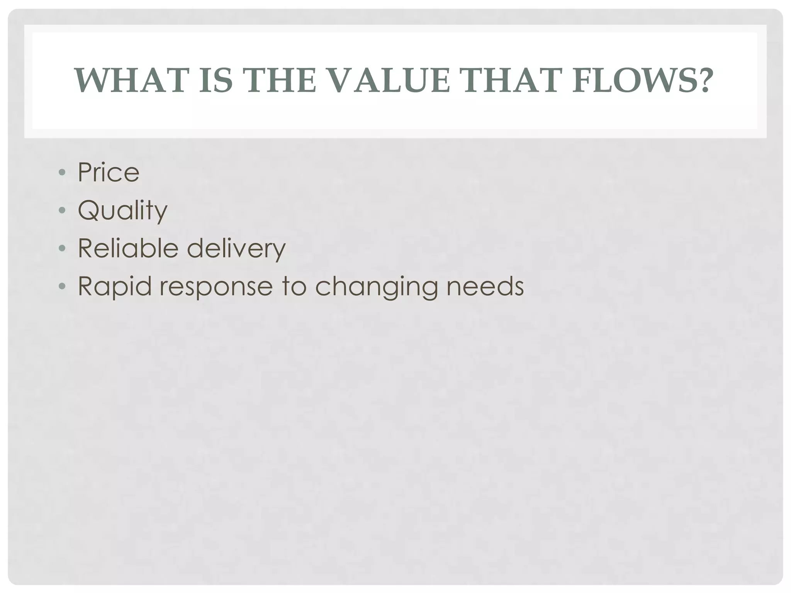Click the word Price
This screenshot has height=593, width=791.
[109, 172]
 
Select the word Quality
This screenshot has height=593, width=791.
[123, 211]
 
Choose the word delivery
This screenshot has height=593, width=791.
[236, 249]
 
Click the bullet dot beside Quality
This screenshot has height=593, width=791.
[62, 210]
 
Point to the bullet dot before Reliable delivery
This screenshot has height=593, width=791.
[62, 248]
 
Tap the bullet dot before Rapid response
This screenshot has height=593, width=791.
[62, 286]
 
